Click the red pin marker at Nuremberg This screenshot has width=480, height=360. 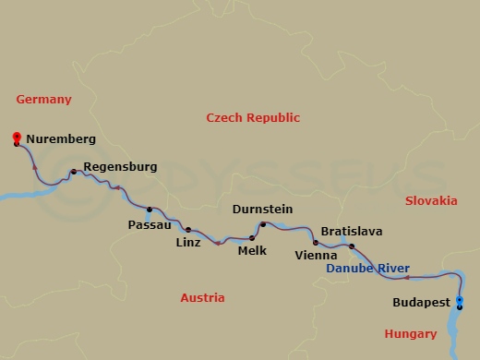pyautogui.click(x=17, y=138)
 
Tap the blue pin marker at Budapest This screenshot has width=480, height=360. pyautogui.click(x=460, y=300)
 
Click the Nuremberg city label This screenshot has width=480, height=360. pyautogui.click(x=61, y=139)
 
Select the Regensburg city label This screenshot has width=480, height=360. pyautogui.click(x=119, y=167)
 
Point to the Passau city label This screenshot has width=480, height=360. pyautogui.click(x=150, y=224)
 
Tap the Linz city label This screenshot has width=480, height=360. pyautogui.click(x=187, y=244)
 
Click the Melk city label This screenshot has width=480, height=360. pyautogui.click(x=252, y=250)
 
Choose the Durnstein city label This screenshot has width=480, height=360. pyautogui.click(x=263, y=210)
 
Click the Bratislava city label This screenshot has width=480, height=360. pyautogui.click(x=352, y=232)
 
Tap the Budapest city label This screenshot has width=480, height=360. pyautogui.click(x=421, y=302)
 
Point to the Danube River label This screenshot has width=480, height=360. pyautogui.click(x=368, y=269)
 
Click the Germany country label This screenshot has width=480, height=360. pyautogui.click(x=43, y=100)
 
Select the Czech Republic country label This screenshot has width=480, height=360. pyautogui.click(x=253, y=117)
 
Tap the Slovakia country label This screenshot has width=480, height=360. pyautogui.click(x=431, y=200)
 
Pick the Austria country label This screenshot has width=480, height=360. pyautogui.click(x=203, y=298)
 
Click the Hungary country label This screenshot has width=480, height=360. pyautogui.click(x=412, y=333)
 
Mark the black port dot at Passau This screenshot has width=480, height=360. pyautogui.click(x=150, y=209)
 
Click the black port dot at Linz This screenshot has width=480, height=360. pyautogui.click(x=188, y=230)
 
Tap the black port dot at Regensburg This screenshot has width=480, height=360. pyautogui.click(x=74, y=172)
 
